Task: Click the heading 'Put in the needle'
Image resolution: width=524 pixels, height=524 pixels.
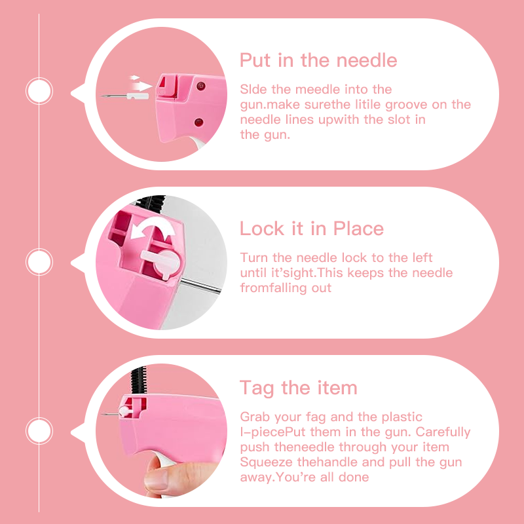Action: point(318,60)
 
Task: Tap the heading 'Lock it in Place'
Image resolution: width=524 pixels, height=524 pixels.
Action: point(312,229)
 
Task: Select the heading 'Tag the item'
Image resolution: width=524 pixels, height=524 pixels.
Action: point(299,388)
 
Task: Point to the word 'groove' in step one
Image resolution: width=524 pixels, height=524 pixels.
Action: point(406,105)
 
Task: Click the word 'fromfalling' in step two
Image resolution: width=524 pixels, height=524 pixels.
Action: point(274,288)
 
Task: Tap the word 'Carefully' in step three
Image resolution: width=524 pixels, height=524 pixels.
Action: point(443,432)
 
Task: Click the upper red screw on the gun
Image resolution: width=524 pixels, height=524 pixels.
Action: point(200,86)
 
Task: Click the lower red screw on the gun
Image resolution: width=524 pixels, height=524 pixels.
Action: point(199,122)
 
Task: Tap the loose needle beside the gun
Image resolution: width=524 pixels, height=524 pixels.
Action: point(124,96)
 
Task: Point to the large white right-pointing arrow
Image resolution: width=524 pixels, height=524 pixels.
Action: point(143,86)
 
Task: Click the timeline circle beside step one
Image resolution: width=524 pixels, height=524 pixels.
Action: point(39,91)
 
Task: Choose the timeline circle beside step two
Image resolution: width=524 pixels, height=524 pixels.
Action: point(39,262)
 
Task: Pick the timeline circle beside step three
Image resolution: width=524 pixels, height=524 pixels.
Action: point(39,431)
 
